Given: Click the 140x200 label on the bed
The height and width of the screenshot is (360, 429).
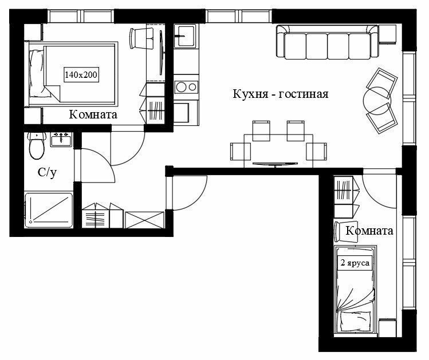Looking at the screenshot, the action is pyautogui.click(x=81, y=74).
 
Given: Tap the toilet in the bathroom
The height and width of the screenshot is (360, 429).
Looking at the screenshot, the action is pyautogui.click(x=37, y=145).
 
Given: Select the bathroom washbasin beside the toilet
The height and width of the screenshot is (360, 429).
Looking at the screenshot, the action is pyautogui.click(x=61, y=140).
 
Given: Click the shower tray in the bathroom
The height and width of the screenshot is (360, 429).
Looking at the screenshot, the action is pyautogui.click(x=49, y=210).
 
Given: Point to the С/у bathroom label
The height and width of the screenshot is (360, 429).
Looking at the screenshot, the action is pyautogui.click(x=47, y=172).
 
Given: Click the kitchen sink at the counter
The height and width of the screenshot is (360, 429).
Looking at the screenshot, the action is pyautogui.click(x=185, y=36).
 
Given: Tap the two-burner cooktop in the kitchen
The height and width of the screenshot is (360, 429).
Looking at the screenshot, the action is pyautogui.click(x=186, y=87).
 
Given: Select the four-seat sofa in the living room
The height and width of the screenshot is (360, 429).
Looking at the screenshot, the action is pyautogui.click(x=327, y=42).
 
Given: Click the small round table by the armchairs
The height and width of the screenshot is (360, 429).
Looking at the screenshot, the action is pyautogui.click(x=377, y=101).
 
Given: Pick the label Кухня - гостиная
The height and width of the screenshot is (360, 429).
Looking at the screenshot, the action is pyautogui.click(x=281, y=94).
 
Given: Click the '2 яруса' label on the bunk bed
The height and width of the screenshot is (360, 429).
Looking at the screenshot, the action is pyautogui.click(x=355, y=263).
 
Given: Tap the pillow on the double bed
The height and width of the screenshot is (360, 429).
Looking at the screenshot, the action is pyautogui.click(x=37, y=73).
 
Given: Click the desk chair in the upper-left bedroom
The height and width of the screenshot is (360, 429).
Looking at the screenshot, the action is pyautogui.click(x=141, y=38).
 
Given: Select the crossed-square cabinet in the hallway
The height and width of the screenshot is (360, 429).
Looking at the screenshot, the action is pyautogui.click(x=144, y=220).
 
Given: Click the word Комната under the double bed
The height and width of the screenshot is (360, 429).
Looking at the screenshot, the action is pyautogui.click(x=93, y=114).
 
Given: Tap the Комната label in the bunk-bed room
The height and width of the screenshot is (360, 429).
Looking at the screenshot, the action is pyautogui.click(x=369, y=231).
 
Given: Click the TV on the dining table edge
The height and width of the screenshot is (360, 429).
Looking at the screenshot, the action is pyautogui.click(x=275, y=164).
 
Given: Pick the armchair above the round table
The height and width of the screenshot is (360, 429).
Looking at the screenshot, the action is pyautogui.click(x=382, y=83).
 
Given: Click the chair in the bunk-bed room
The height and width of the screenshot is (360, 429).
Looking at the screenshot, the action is pyautogui.click(x=346, y=232).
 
